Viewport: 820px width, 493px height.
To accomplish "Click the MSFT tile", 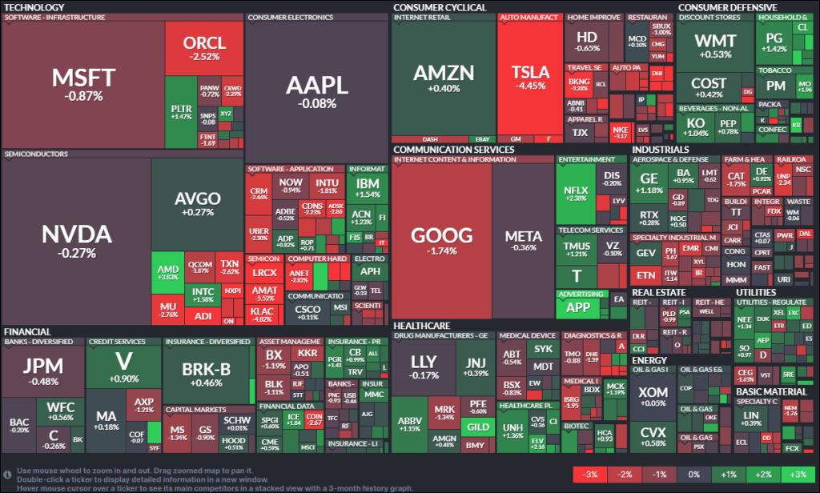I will (x=83, y=84).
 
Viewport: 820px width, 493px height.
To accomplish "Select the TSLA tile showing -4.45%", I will (x=530, y=78).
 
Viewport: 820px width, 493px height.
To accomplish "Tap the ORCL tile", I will (x=204, y=48).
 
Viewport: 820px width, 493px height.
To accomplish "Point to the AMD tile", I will (x=167, y=271).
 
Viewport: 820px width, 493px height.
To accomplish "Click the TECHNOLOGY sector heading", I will (x=34, y=7).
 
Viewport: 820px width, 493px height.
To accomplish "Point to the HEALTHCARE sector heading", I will (x=421, y=326).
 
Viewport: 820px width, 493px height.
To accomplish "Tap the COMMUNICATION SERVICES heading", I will (x=453, y=149).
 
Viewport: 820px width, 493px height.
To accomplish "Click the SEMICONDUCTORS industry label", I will (x=36, y=153).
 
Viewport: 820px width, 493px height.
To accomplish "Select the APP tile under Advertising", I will (x=577, y=307).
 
